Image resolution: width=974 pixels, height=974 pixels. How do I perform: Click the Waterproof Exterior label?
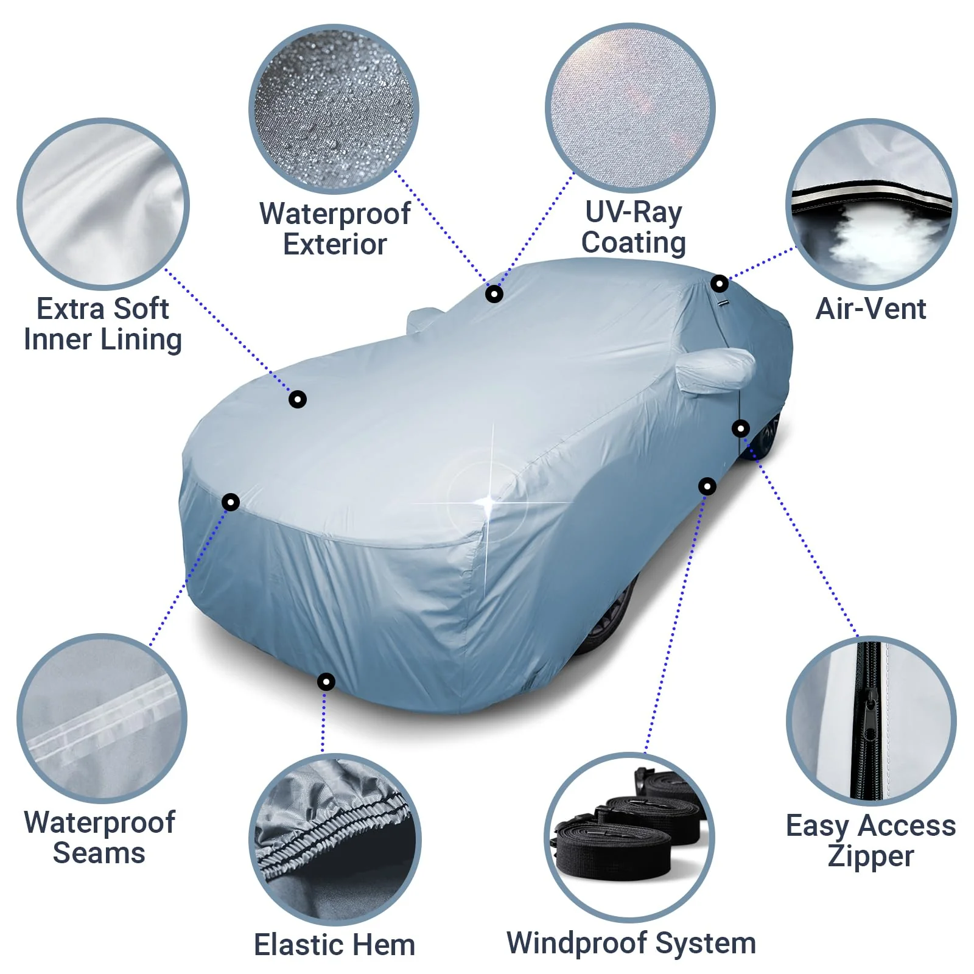(335, 229)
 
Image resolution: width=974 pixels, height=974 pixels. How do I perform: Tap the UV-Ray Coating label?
(633, 227)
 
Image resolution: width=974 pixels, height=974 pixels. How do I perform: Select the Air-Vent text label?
(871, 309)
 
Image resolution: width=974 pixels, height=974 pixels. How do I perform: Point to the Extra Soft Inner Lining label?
(103, 324)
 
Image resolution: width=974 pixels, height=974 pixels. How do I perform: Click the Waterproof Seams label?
(99, 838)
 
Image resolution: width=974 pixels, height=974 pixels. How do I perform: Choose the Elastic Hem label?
(334, 945)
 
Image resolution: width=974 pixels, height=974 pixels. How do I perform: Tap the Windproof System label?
(631, 943)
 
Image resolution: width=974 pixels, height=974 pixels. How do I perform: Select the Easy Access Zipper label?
(871, 841)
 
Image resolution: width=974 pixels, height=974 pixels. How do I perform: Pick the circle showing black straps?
(629, 838)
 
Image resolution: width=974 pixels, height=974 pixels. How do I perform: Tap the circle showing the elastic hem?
(335, 839)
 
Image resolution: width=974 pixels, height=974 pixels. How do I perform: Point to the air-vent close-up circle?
(871, 204)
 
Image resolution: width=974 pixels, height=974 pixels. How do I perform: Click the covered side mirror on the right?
(716, 368)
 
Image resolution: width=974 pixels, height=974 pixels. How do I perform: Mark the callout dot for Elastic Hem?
(326, 681)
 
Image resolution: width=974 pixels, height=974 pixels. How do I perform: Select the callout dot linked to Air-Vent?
(720, 284)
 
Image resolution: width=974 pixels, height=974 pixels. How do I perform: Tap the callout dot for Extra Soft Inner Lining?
(298, 399)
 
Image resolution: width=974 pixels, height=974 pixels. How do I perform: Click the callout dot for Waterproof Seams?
(231, 502)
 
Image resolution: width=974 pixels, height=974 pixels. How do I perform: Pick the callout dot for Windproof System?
(707, 486)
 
